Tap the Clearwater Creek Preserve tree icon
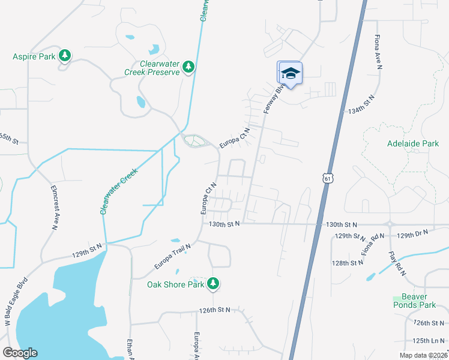point(189,67)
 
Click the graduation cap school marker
point(290,74)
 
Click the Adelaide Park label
point(413,144)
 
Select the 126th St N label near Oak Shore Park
point(215,310)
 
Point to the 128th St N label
point(349,263)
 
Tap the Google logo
point(20,353)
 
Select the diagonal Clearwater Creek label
point(119,191)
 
